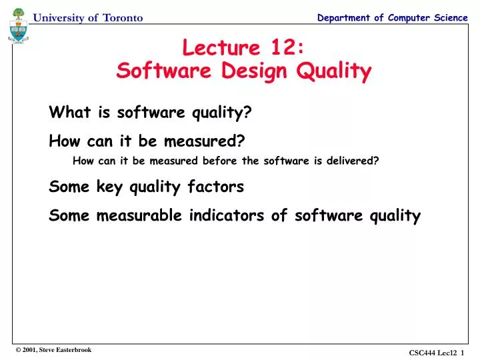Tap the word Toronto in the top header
[x=123, y=18]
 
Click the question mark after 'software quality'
[x=247, y=113]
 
